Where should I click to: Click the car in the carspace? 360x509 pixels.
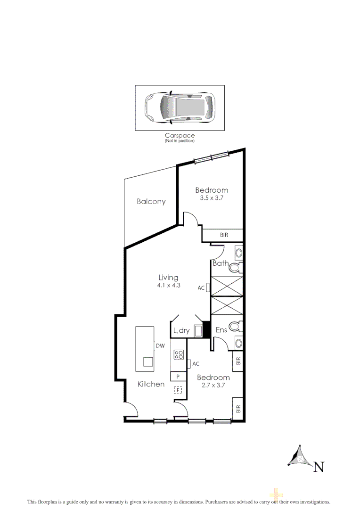(x=180, y=108)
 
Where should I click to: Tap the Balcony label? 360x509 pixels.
(x=151, y=202)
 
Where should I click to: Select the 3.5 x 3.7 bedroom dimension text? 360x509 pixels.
(x=212, y=198)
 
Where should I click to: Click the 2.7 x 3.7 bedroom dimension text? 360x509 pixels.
(x=213, y=385)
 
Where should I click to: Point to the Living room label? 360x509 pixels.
(x=168, y=278)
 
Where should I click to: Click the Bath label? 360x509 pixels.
(x=221, y=263)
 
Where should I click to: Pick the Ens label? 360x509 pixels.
(x=221, y=330)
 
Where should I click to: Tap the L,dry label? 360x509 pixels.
(x=181, y=331)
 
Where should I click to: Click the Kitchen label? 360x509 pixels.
(x=151, y=384)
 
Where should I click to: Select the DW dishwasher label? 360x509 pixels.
(x=160, y=346)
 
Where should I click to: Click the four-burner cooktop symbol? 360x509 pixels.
(x=178, y=355)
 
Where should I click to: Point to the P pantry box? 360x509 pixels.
(x=178, y=376)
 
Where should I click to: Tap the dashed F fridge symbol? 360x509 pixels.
(x=178, y=390)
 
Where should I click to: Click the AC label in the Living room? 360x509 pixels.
(x=201, y=287)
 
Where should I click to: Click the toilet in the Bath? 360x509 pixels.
(x=235, y=269)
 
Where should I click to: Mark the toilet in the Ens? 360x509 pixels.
(x=235, y=327)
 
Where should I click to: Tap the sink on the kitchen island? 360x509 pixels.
(x=148, y=362)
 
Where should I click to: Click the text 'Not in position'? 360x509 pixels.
(x=180, y=141)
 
